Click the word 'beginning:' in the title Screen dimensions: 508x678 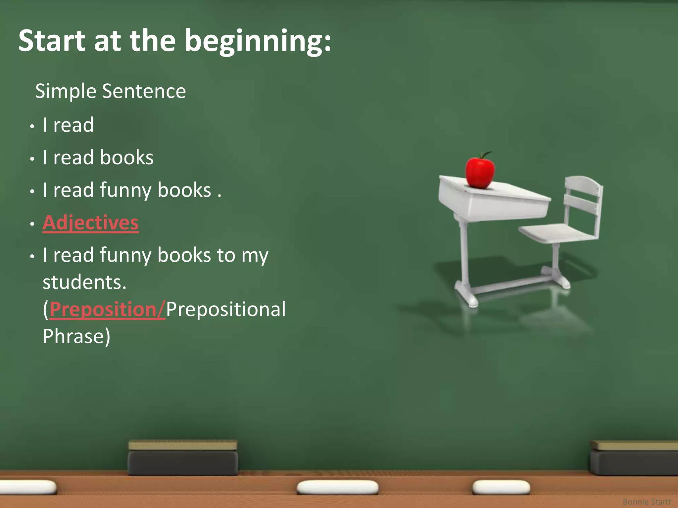click(x=258, y=41)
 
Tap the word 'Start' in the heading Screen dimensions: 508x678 click(x=52, y=41)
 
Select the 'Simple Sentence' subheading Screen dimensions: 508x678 click(x=111, y=91)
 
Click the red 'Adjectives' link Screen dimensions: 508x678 click(x=91, y=223)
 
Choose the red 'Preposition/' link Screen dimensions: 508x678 click(x=107, y=310)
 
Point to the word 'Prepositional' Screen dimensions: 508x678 click(x=226, y=310)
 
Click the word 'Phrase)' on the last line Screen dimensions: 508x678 click(x=76, y=336)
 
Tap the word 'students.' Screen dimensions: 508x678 click(x=85, y=282)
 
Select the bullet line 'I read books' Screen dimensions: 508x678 click(x=98, y=157)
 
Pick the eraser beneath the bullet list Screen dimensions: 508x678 click(x=183, y=458)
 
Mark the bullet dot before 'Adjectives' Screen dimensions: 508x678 click(x=32, y=224)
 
